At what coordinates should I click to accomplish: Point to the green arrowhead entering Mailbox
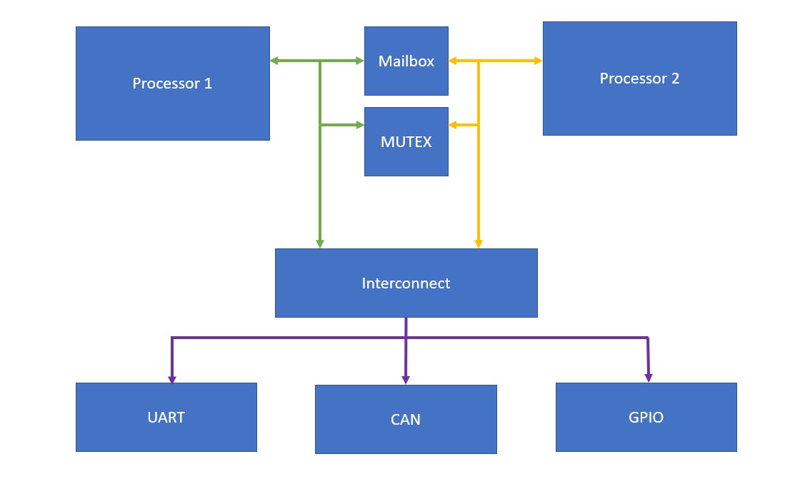coord(359,61)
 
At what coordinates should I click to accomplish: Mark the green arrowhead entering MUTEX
coord(359,125)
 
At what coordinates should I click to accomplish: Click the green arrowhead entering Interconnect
coord(320,243)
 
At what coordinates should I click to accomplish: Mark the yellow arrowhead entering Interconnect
coord(479,243)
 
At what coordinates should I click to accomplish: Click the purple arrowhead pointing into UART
coord(172,378)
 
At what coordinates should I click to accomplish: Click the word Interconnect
coord(406,283)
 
